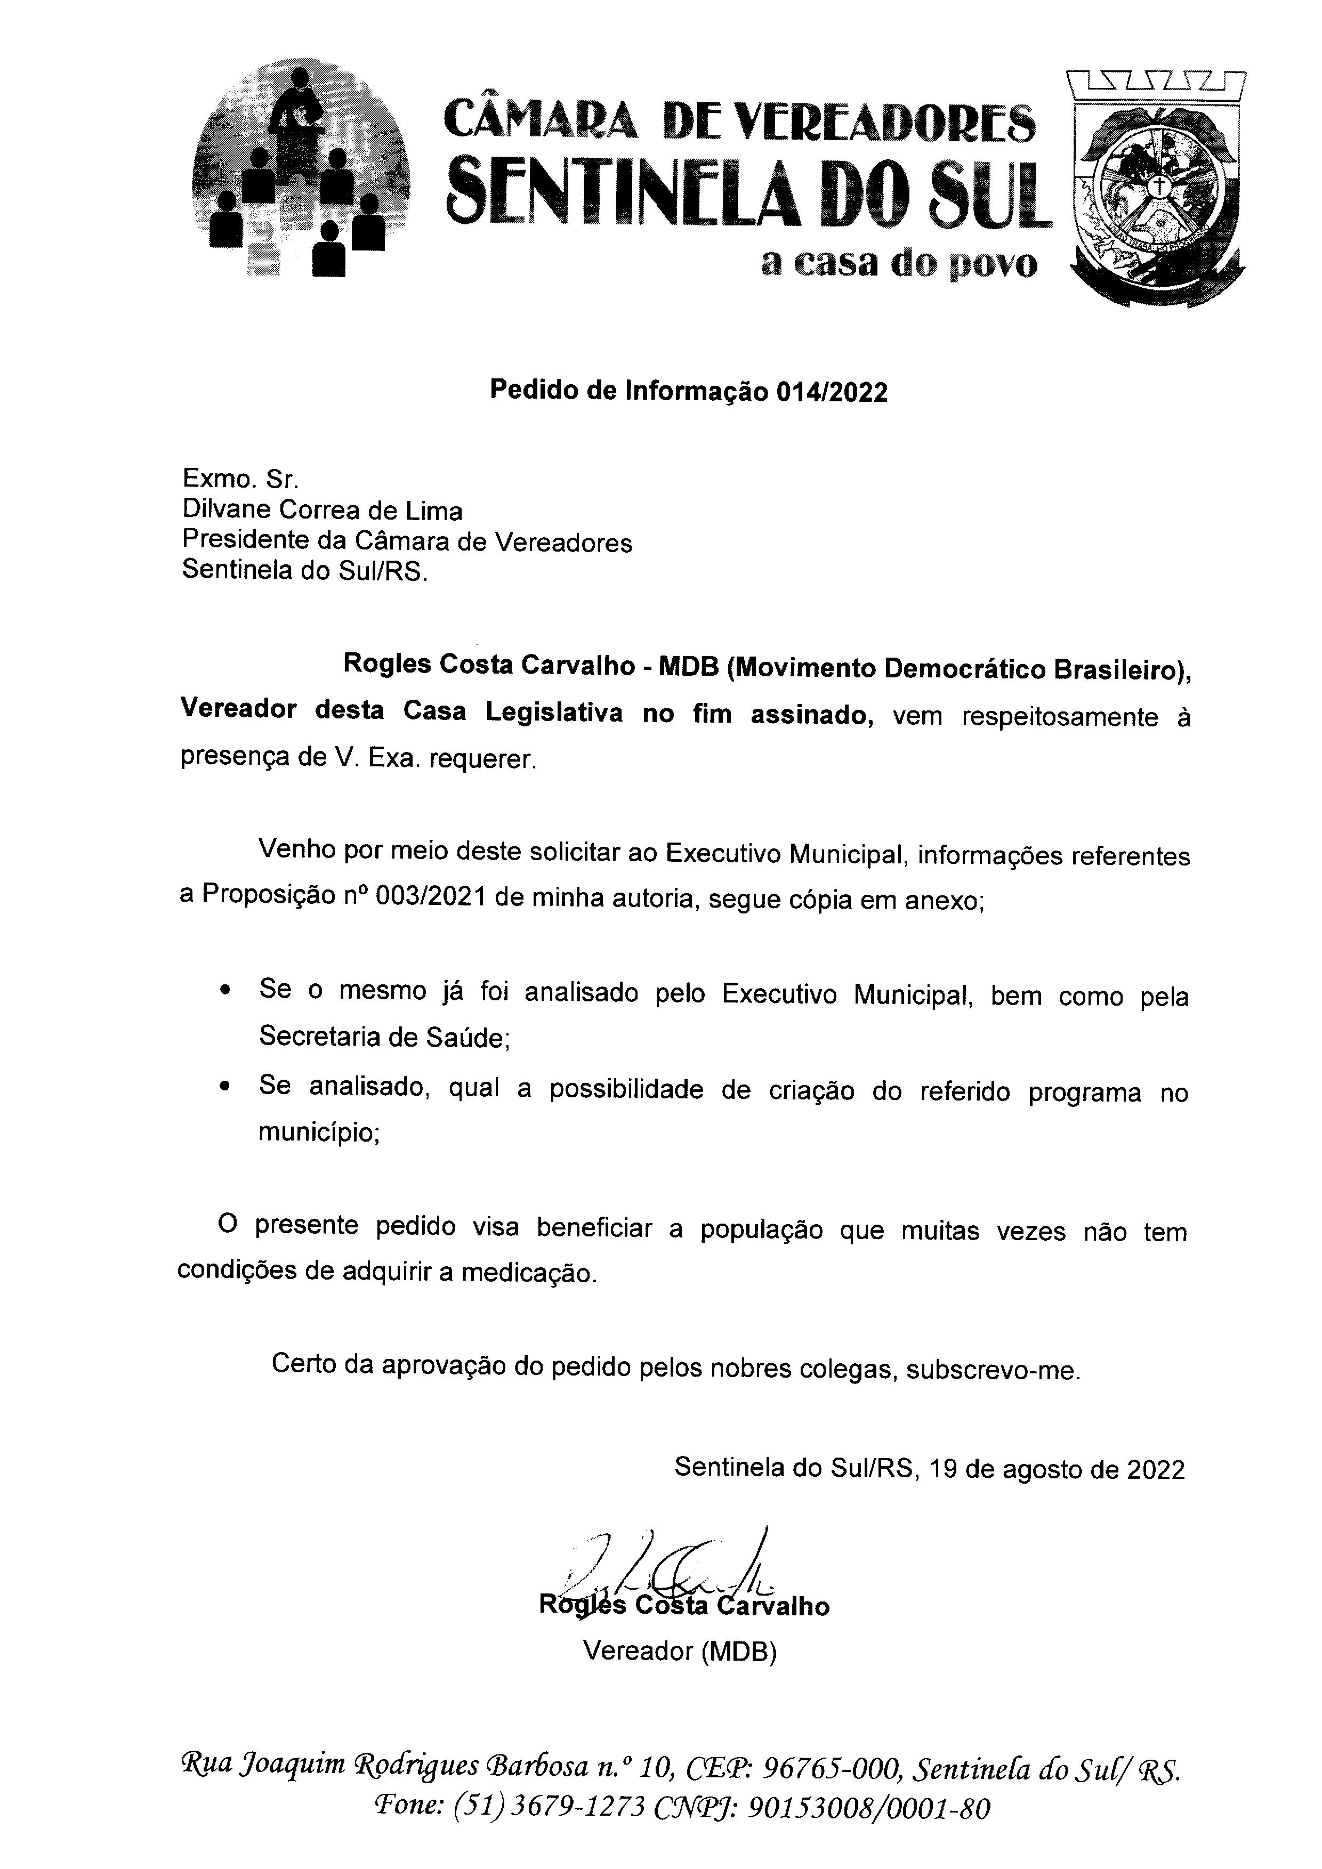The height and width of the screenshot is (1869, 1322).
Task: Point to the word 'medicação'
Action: click(528, 1274)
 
